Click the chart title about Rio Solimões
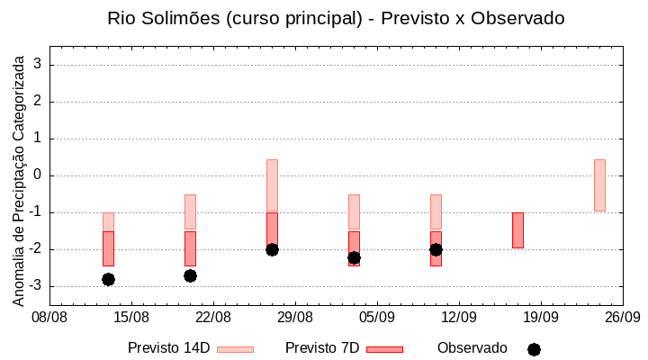(336, 18)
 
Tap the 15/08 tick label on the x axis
(132, 318)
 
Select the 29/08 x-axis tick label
(295, 318)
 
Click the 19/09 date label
(541, 318)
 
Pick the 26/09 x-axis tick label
(623, 318)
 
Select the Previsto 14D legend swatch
(235, 349)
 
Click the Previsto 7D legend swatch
(384, 349)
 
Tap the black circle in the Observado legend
(534, 349)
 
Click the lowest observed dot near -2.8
(108, 279)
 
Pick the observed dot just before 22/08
(190, 275)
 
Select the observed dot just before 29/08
(272, 249)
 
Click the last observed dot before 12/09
(436, 249)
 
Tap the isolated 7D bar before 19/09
(517, 230)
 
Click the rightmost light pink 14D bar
(599, 185)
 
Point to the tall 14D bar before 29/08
(272, 184)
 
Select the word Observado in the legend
(472, 348)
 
